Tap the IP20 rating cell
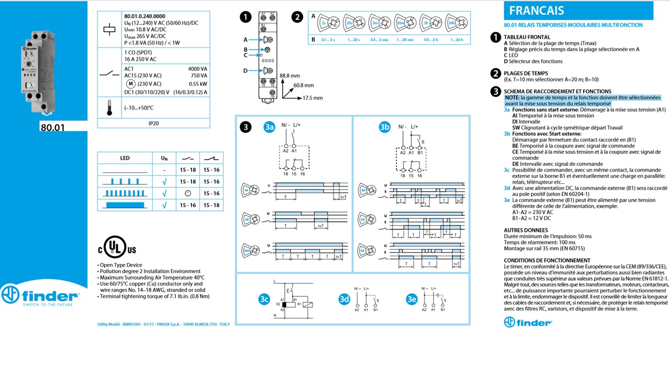click(153, 124)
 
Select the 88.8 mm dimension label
click(289, 75)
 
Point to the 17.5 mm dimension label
click(312, 98)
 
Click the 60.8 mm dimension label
click(303, 85)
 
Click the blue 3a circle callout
click(269, 127)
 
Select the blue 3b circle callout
click(385, 127)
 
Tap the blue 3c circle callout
click(264, 300)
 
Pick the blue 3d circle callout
click(343, 300)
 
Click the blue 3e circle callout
click(411, 300)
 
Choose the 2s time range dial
click(329, 23)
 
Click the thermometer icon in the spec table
click(109, 108)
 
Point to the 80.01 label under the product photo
click(52, 127)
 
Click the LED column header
click(125, 158)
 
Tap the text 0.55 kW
click(197, 84)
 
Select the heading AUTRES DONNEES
click(526, 230)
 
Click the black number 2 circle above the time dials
click(297, 17)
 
